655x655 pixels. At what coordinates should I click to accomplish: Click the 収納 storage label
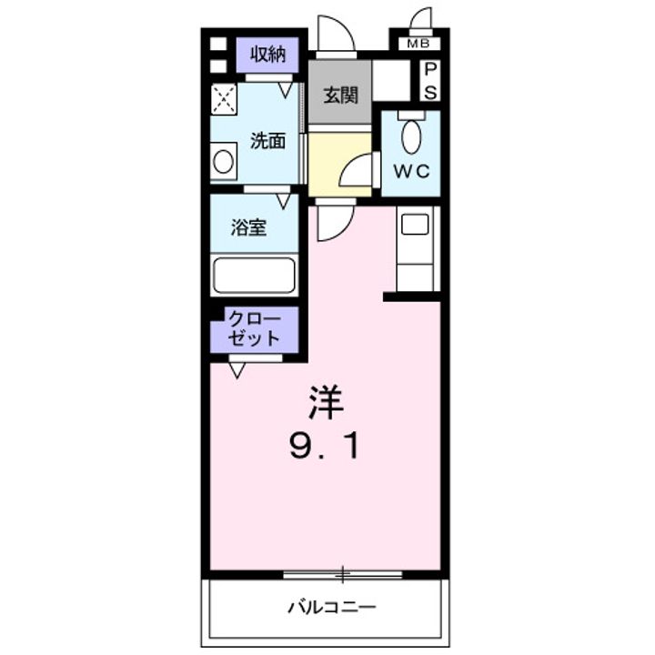coord(268,55)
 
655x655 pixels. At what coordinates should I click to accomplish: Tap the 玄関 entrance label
coord(339,95)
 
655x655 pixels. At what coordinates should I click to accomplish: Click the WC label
coord(410,171)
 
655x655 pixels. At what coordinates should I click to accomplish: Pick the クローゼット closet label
coord(254,328)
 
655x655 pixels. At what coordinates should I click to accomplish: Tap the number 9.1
coord(327,446)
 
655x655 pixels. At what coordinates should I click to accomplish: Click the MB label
coord(418,44)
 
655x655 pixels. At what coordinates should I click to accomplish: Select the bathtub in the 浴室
coord(255,275)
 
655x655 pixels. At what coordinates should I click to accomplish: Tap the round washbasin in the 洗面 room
coord(224,164)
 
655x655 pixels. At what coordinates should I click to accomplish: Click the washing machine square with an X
coord(225,98)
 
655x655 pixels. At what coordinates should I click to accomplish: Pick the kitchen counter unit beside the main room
coord(418,247)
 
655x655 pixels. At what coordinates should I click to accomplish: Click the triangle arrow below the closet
coord(237,368)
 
